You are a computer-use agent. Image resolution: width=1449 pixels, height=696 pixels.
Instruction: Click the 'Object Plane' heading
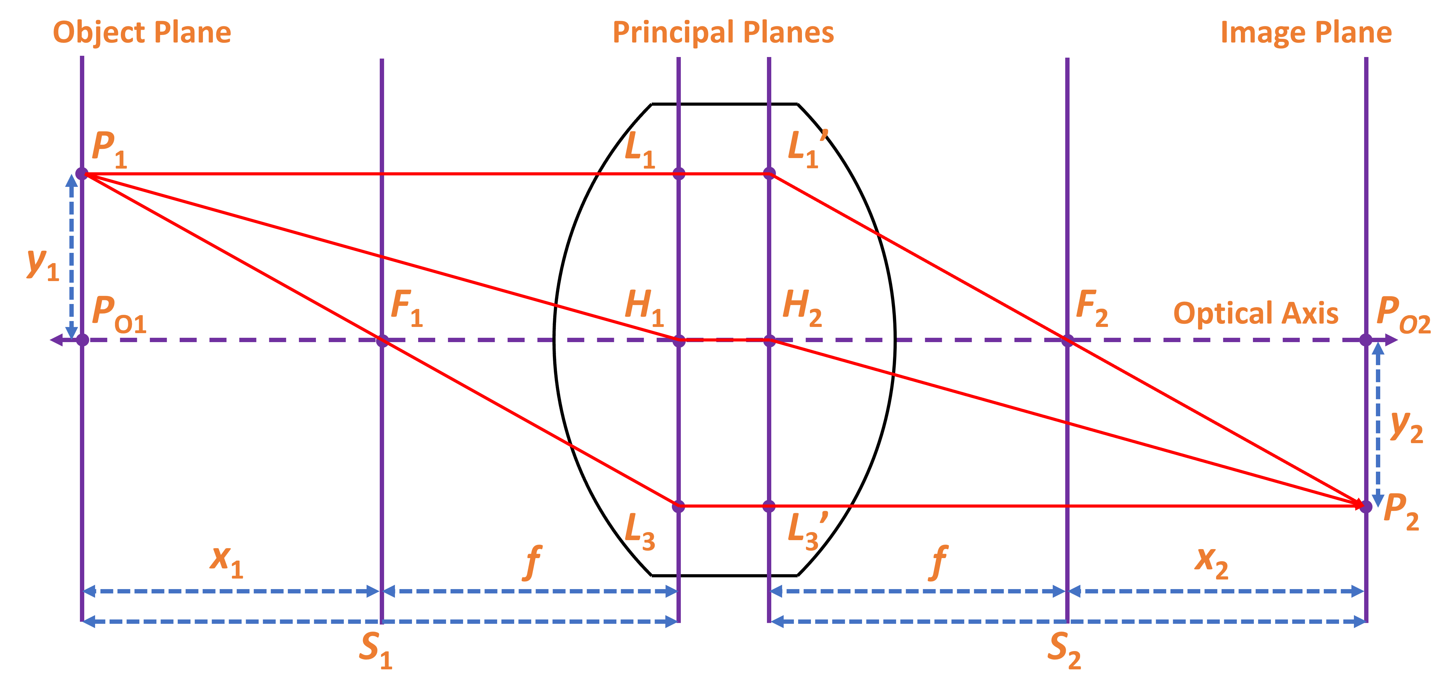coord(142,33)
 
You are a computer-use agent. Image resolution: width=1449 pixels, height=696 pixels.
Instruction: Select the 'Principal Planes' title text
coord(723,33)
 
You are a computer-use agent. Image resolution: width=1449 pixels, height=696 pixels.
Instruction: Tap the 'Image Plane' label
coord(1306,33)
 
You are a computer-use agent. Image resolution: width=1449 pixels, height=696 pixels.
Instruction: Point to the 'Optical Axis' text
coord(1255,313)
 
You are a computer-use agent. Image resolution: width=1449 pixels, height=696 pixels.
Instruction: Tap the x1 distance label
coord(227,561)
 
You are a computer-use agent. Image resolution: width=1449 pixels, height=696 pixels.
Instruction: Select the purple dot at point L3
coord(678,506)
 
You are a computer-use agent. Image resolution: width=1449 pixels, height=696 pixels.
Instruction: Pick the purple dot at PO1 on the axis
coord(82,340)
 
